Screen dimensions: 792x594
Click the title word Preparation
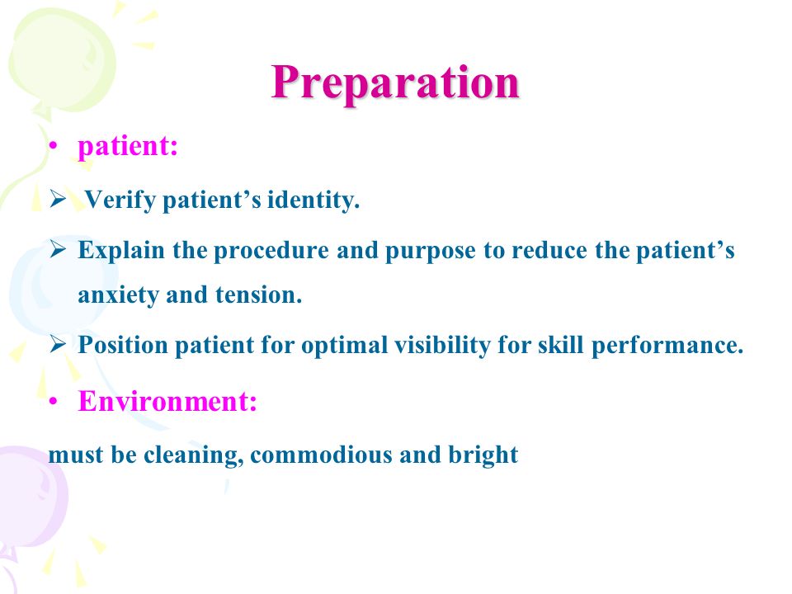coord(395,82)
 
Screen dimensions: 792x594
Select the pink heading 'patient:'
coord(127,147)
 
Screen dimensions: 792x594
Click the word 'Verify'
coord(119,200)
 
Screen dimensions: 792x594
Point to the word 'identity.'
coord(313,200)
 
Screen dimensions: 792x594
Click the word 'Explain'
coord(121,251)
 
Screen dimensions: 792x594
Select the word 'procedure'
coord(271,251)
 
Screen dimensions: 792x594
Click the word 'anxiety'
coord(118,295)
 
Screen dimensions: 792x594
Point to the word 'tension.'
coord(258,295)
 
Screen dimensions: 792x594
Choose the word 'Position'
coord(123,346)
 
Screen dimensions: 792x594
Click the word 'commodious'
coord(321,455)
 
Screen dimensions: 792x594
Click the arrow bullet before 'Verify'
coord(58,200)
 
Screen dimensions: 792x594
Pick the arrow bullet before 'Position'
coord(58,345)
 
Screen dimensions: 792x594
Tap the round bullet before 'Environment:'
coord(53,402)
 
